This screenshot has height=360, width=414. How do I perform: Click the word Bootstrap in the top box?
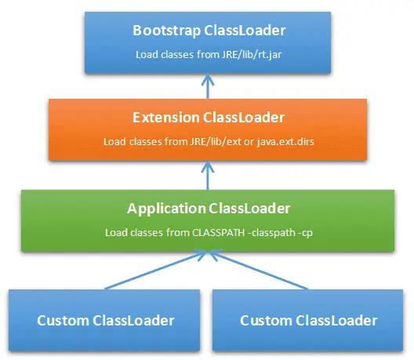[166, 31]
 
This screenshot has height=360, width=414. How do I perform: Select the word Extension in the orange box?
[166, 118]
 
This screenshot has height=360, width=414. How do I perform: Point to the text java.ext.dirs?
[285, 142]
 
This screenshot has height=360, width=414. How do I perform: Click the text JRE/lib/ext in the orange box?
[216, 142]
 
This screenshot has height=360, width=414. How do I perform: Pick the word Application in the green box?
[166, 209]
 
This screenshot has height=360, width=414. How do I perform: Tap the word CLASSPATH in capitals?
[218, 233]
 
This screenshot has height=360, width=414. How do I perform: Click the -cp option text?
[305, 234]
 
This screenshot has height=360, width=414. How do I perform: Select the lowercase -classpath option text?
[271, 234]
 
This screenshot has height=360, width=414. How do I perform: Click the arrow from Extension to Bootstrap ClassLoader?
[208, 86]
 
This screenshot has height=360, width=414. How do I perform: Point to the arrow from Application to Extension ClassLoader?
[208, 176]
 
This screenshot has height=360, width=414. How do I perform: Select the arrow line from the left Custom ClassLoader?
[155, 269]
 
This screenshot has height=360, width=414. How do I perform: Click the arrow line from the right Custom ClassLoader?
[260, 269]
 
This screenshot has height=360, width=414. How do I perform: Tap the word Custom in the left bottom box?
[63, 321]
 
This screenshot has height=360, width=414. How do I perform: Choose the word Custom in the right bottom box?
[266, 321]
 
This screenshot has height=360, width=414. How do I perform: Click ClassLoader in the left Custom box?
[133, 321]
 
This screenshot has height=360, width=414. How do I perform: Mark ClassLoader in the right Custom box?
[336, 321]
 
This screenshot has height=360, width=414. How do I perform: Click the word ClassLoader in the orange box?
[244, 118]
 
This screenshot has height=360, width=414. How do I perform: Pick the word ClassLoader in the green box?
[249, 209]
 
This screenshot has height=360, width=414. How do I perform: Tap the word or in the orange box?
[249, 143]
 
